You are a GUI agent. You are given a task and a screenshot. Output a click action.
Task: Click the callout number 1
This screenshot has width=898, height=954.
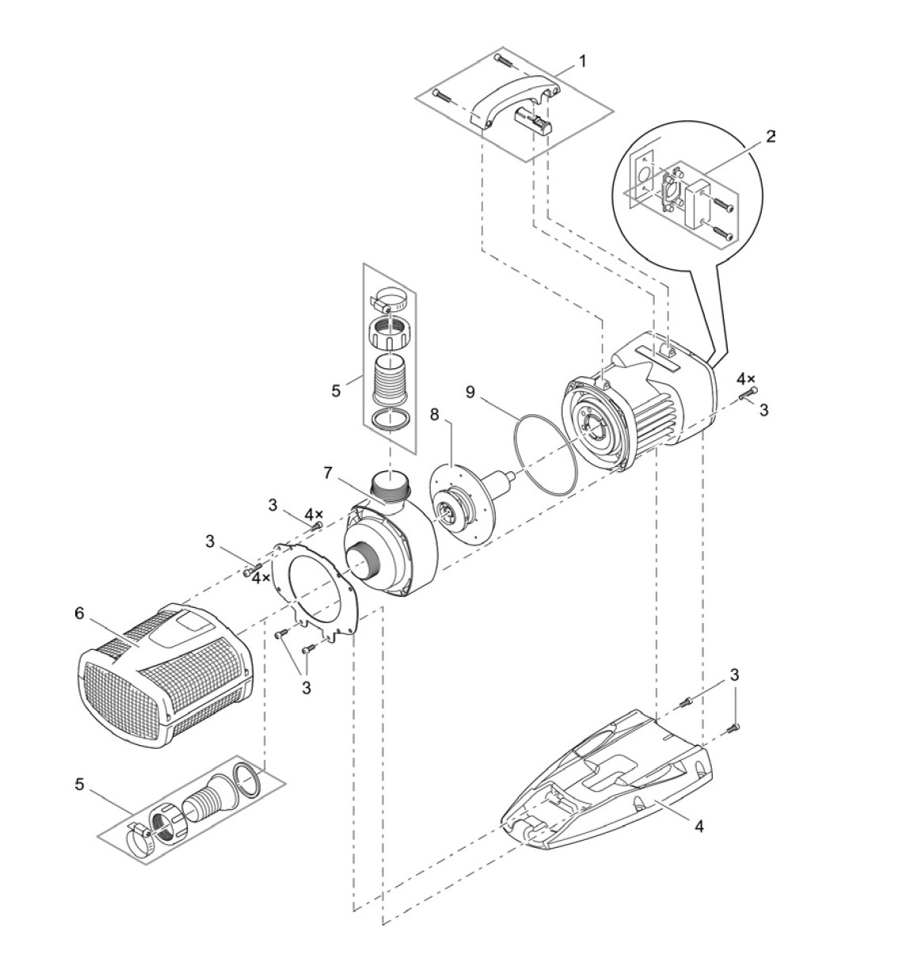tap(582, 61)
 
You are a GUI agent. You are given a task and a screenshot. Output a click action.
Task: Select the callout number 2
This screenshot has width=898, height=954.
tap(771, 135)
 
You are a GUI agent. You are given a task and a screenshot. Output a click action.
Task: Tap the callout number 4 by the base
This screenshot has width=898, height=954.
tap(698, 827)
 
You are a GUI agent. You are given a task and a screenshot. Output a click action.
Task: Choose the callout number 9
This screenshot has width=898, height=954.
tap(471, 391)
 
